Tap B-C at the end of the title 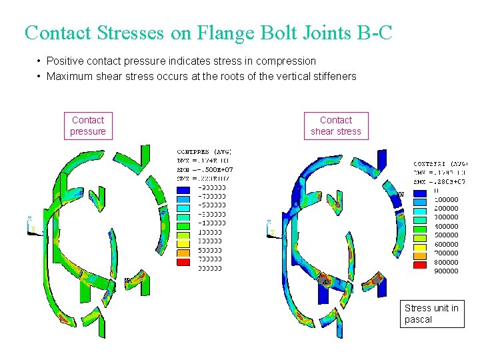pos(370,32)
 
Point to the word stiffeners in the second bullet pos(334,76)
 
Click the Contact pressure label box pos(88,125)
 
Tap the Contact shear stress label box pos(336,125)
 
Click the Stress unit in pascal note pos(431,313)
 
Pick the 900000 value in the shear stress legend pos(445,271)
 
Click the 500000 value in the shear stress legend pos(445,235)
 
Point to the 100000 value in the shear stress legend pos(445,199)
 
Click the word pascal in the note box pos(418,319)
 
